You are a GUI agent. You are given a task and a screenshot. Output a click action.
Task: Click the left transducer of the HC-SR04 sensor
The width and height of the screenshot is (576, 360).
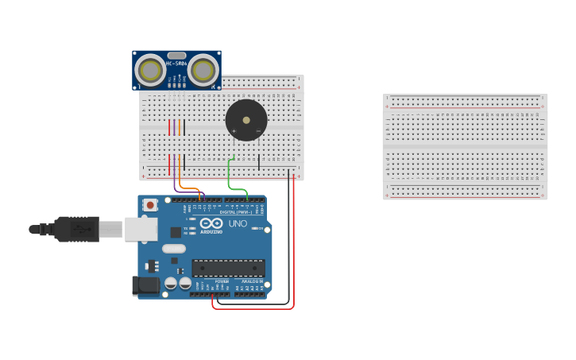[x=149, y=70]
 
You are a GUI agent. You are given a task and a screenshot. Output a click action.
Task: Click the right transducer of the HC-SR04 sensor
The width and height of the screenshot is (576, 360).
[x=203, y=70]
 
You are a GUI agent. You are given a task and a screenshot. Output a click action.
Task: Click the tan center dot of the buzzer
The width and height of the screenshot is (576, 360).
[x=246, y=121]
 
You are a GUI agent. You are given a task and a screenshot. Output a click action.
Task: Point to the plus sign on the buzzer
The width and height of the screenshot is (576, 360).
[x=233, y=130]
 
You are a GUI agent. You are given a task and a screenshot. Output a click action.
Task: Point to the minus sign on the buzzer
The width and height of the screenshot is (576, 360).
[x=259, y=130]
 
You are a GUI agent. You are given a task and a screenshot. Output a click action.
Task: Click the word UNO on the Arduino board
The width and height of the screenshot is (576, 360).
[x=238, y=224]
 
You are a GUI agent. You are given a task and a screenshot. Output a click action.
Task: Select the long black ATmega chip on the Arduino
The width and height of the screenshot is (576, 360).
[x=228, y=268]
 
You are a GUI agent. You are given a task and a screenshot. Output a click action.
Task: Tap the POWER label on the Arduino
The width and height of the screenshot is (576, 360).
[x=222, y=281]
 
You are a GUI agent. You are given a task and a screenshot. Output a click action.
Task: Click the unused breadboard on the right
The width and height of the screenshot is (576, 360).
[x=465, y=146]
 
